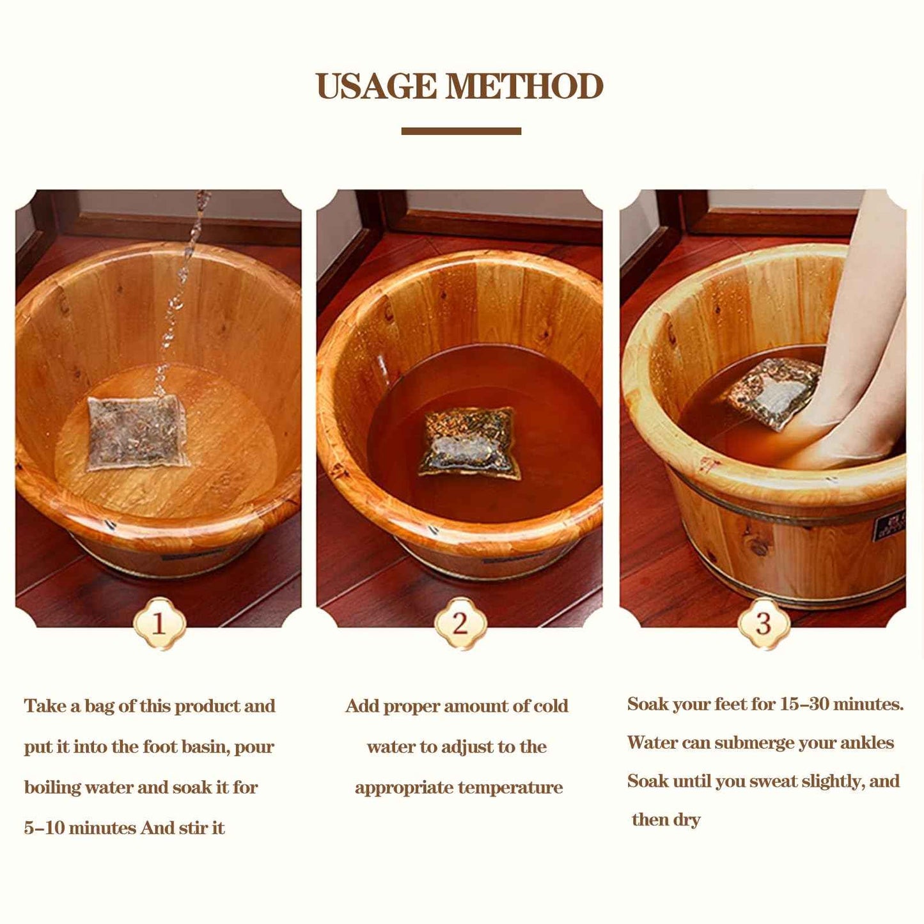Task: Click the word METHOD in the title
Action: click(x=524, y=87)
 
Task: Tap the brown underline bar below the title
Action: click(x=461, y=131)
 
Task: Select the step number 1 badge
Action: click(x=159, y=623)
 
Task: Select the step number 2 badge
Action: click(x=460, y=623)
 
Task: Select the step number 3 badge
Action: click(x=763, y=623)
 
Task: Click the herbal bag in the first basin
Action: click(x=137, y=432)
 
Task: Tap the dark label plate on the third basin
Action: click(x=889, y=525)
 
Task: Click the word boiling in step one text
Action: click(x=52, y=787)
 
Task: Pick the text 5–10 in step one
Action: click(x=44, y=828)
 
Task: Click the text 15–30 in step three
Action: click(x=804, y=704)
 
